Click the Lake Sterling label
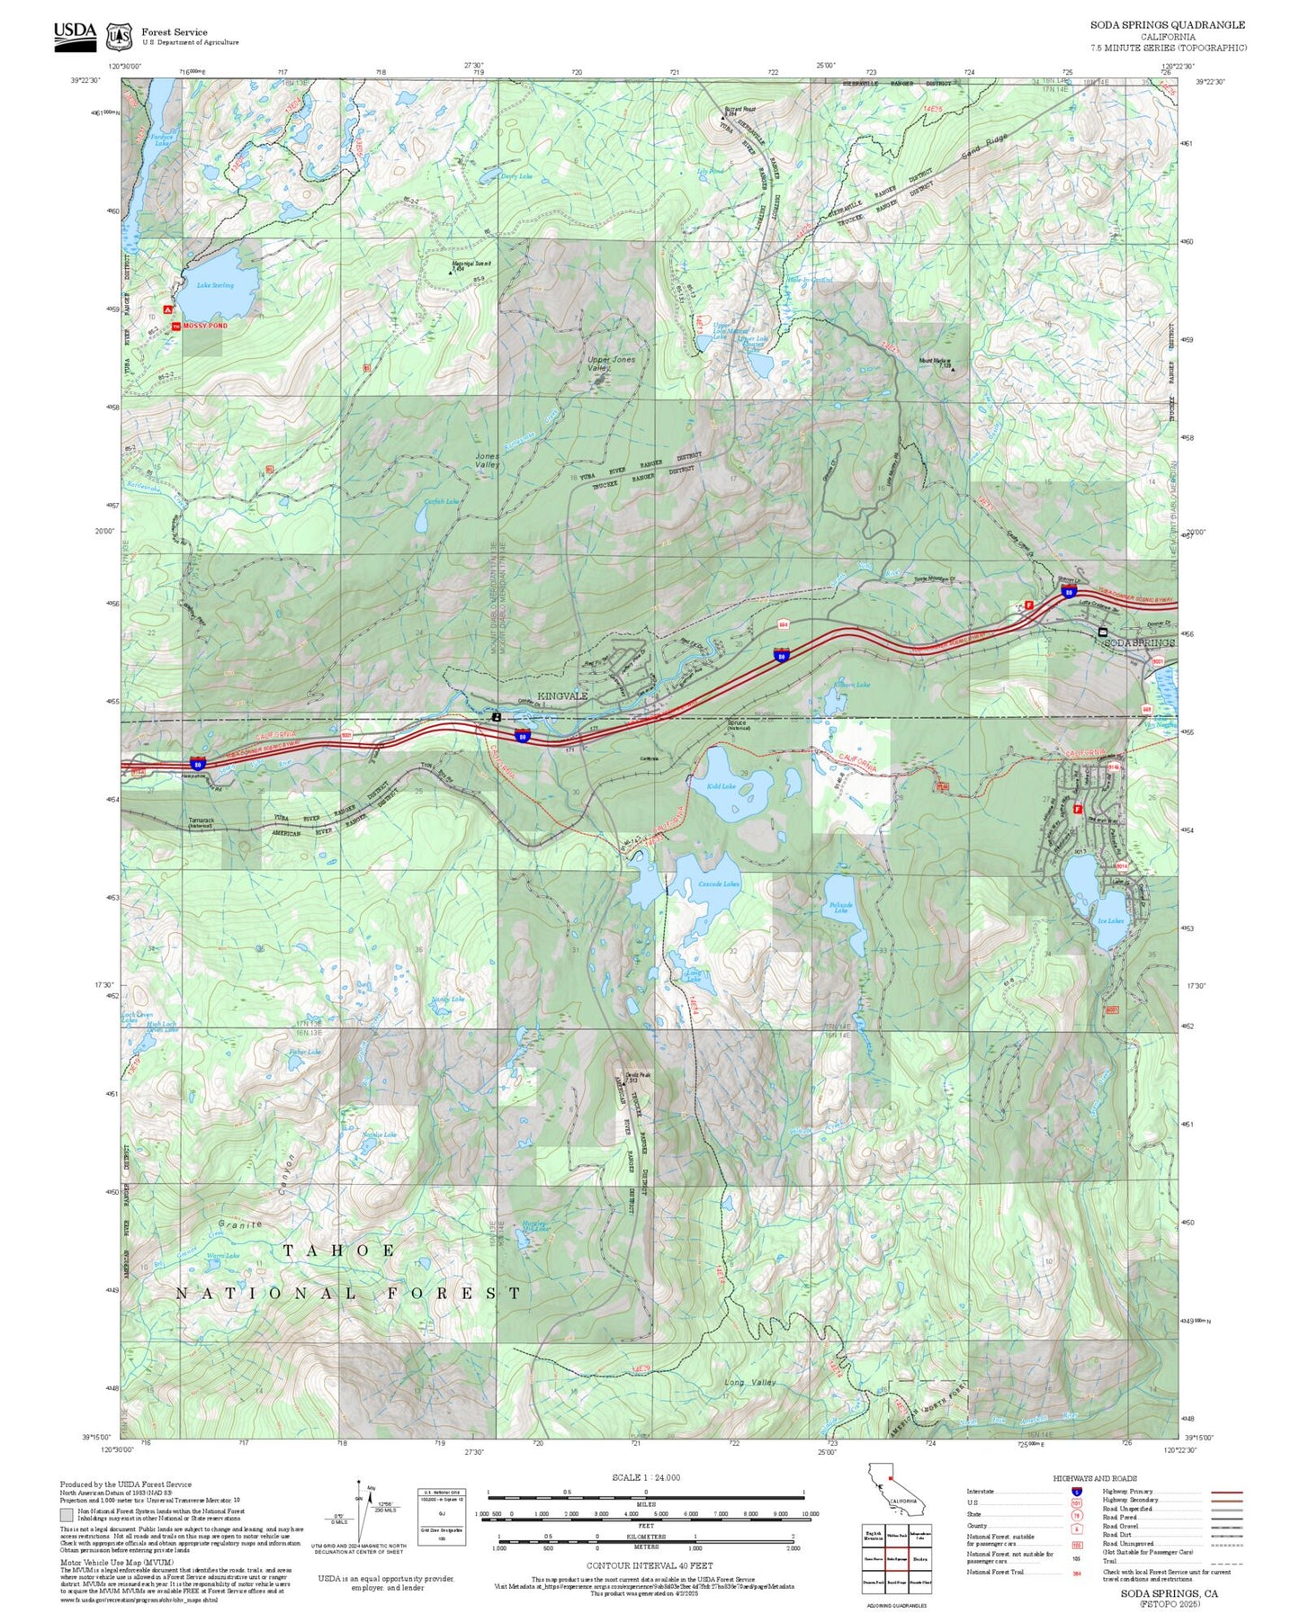coord(215,285)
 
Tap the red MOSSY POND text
coord(205,326)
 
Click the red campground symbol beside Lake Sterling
coord(167,308)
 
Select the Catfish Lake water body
coord(420,520)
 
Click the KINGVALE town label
coord(562,696)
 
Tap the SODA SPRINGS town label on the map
coord(1139,643)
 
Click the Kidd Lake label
coord(722,786)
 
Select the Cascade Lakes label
coord(719,884)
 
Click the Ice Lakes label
coord(1109,920)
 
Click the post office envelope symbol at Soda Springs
coord(1103,632)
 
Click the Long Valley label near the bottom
coord(749,1382)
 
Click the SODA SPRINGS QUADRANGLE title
coord(1168,25)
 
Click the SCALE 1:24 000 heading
coord(645,1477)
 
